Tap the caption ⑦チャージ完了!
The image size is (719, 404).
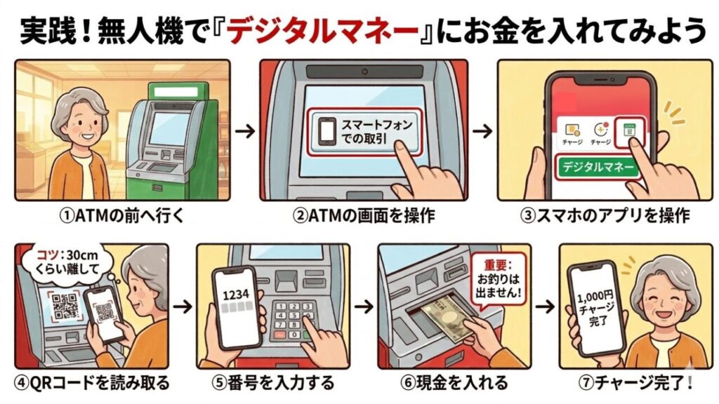634,384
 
